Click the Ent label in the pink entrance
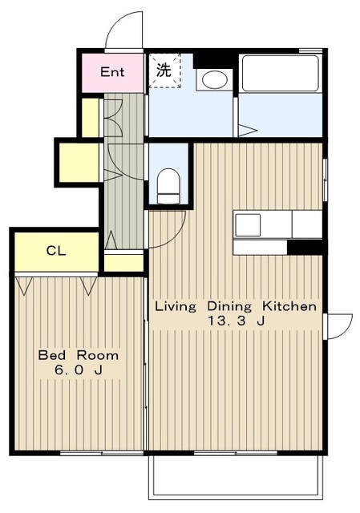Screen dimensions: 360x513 click(x=112, y=71)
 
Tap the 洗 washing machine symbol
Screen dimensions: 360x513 click(x=164, y=71)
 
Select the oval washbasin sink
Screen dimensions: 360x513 click(x=214, y=79)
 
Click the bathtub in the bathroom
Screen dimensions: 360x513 click(x=280, y=73)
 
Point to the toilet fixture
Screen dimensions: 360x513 click(x=168, y=186)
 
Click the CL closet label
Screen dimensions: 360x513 click(x=56, y=251)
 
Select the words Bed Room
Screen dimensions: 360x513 click(x=79, y=355)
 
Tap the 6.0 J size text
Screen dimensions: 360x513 click(x=79, y=370)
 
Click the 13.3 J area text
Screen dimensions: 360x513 click(x=236, y=321)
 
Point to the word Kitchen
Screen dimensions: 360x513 click(x=289, y=306)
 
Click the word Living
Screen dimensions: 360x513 click(x=176, y=306)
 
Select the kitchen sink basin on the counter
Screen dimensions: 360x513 click(x=248, y=224)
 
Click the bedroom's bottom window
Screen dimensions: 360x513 click(x=102, y=453)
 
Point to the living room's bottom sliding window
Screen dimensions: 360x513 click(x=236, y=453)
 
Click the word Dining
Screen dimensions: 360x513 click(x=229, y=306)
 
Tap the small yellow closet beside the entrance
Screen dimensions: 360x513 click(x=91, y=118)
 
